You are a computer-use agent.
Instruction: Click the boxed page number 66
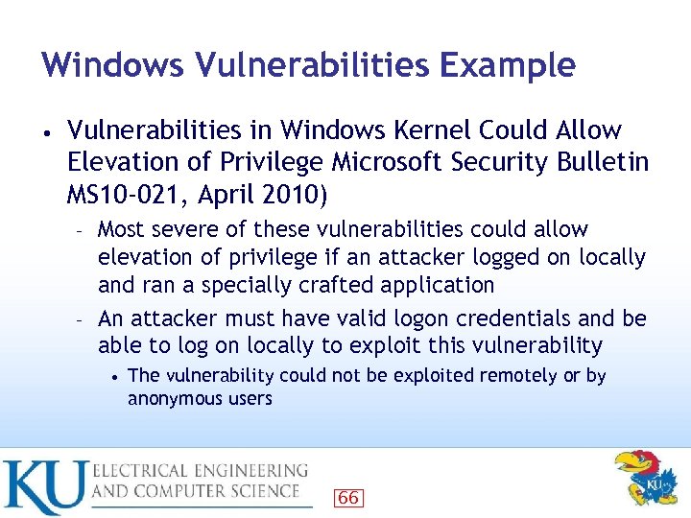348,497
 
